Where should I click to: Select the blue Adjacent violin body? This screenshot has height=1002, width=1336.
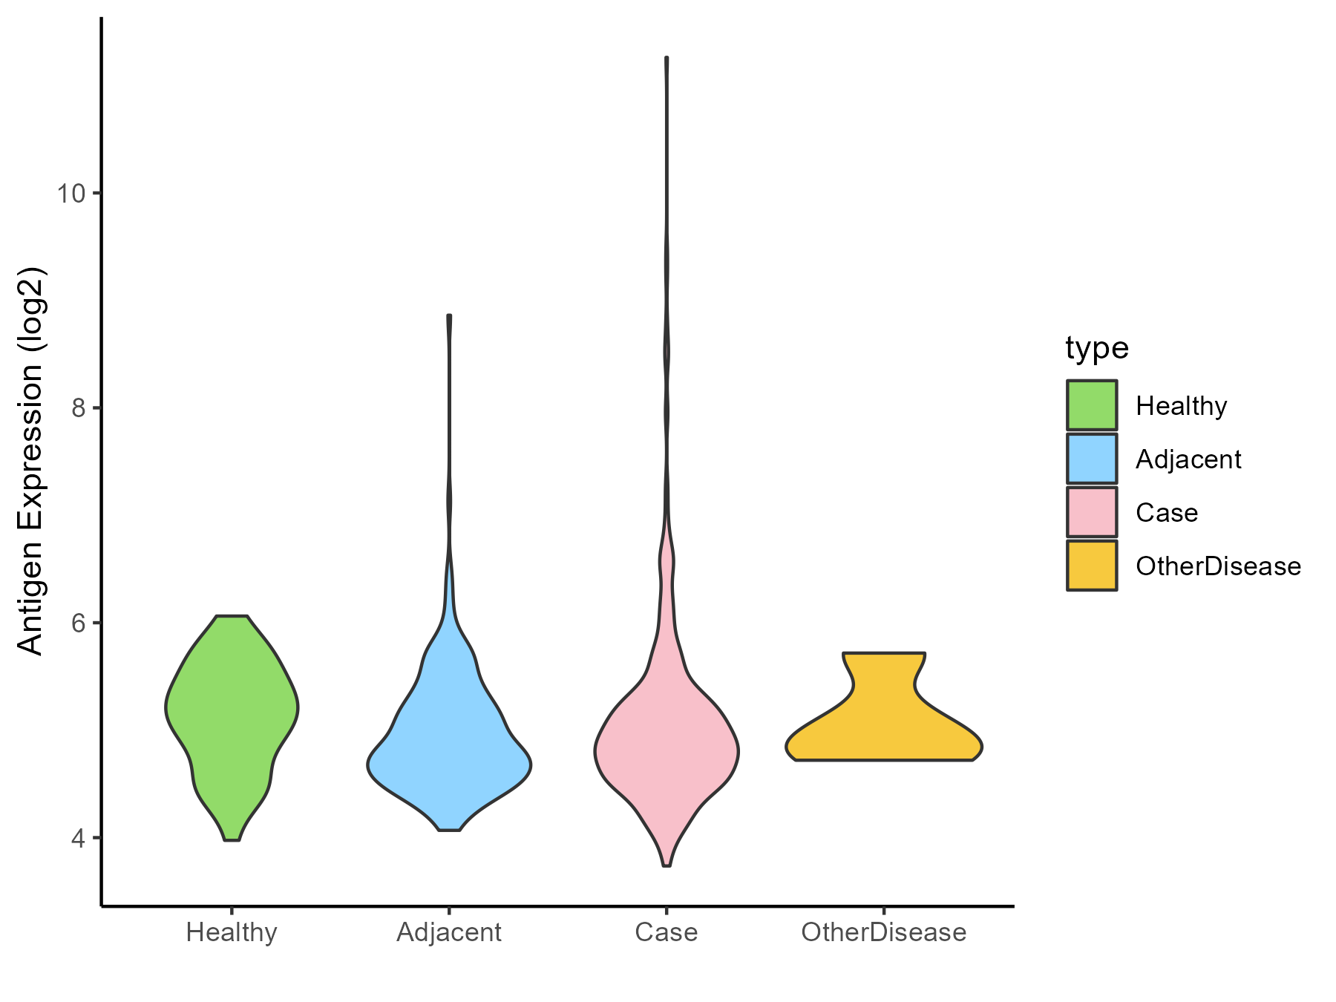pos(449,757)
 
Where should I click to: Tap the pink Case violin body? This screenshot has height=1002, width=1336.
pos(667,750)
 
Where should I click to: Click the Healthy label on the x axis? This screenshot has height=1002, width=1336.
pos(232,932)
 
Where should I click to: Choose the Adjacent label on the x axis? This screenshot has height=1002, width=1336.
pos(449,932)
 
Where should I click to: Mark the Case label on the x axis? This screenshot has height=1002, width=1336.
pos(667,932)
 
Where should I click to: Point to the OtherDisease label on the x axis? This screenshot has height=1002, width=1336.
pos(884,932)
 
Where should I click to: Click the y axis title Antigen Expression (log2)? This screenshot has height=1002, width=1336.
pos(31,460)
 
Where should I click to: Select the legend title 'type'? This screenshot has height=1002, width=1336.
pos(1096,348)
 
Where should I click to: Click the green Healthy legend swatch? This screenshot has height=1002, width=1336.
pos(1092,405)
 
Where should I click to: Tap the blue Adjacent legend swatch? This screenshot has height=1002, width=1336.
pos(1092,459)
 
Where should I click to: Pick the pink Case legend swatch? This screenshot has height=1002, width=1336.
pos(1092,512)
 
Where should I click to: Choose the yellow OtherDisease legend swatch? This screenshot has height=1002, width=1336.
pos(1092,566)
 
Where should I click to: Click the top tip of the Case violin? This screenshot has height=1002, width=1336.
pos(667,58)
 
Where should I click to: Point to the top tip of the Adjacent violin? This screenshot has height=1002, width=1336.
pos(449,316)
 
